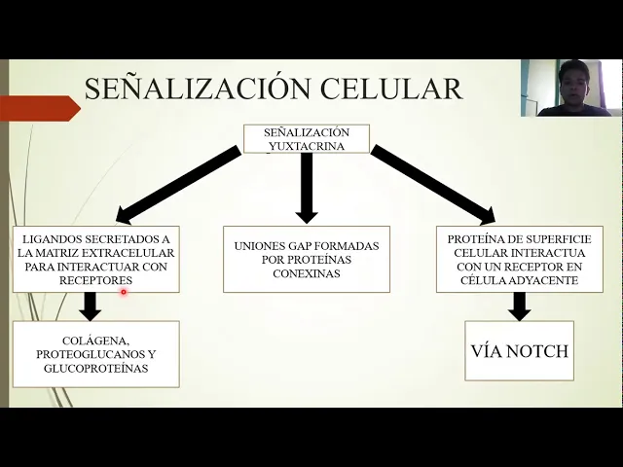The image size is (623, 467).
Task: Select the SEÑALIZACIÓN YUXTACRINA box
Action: [306, 138]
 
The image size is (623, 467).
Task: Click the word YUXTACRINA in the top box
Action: [307, 146]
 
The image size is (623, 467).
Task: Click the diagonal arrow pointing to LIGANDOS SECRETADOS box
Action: [179, 184]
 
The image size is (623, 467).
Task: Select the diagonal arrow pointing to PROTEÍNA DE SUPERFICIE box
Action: [432, 184]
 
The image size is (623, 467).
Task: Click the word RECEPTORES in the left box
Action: [95, 280]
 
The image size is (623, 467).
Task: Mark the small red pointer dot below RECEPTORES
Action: [124, 292]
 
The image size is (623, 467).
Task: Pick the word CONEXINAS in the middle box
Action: [307, 273]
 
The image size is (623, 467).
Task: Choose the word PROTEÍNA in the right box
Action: [475, 238]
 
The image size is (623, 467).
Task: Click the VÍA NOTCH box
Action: [519, 351]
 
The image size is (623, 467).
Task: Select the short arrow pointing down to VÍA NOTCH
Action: [519, 306]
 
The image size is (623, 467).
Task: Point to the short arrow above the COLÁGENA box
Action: [91, 306]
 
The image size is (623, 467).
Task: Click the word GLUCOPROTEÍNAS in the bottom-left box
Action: [95, 369]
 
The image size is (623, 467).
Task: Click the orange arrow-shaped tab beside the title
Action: [39, 107]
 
